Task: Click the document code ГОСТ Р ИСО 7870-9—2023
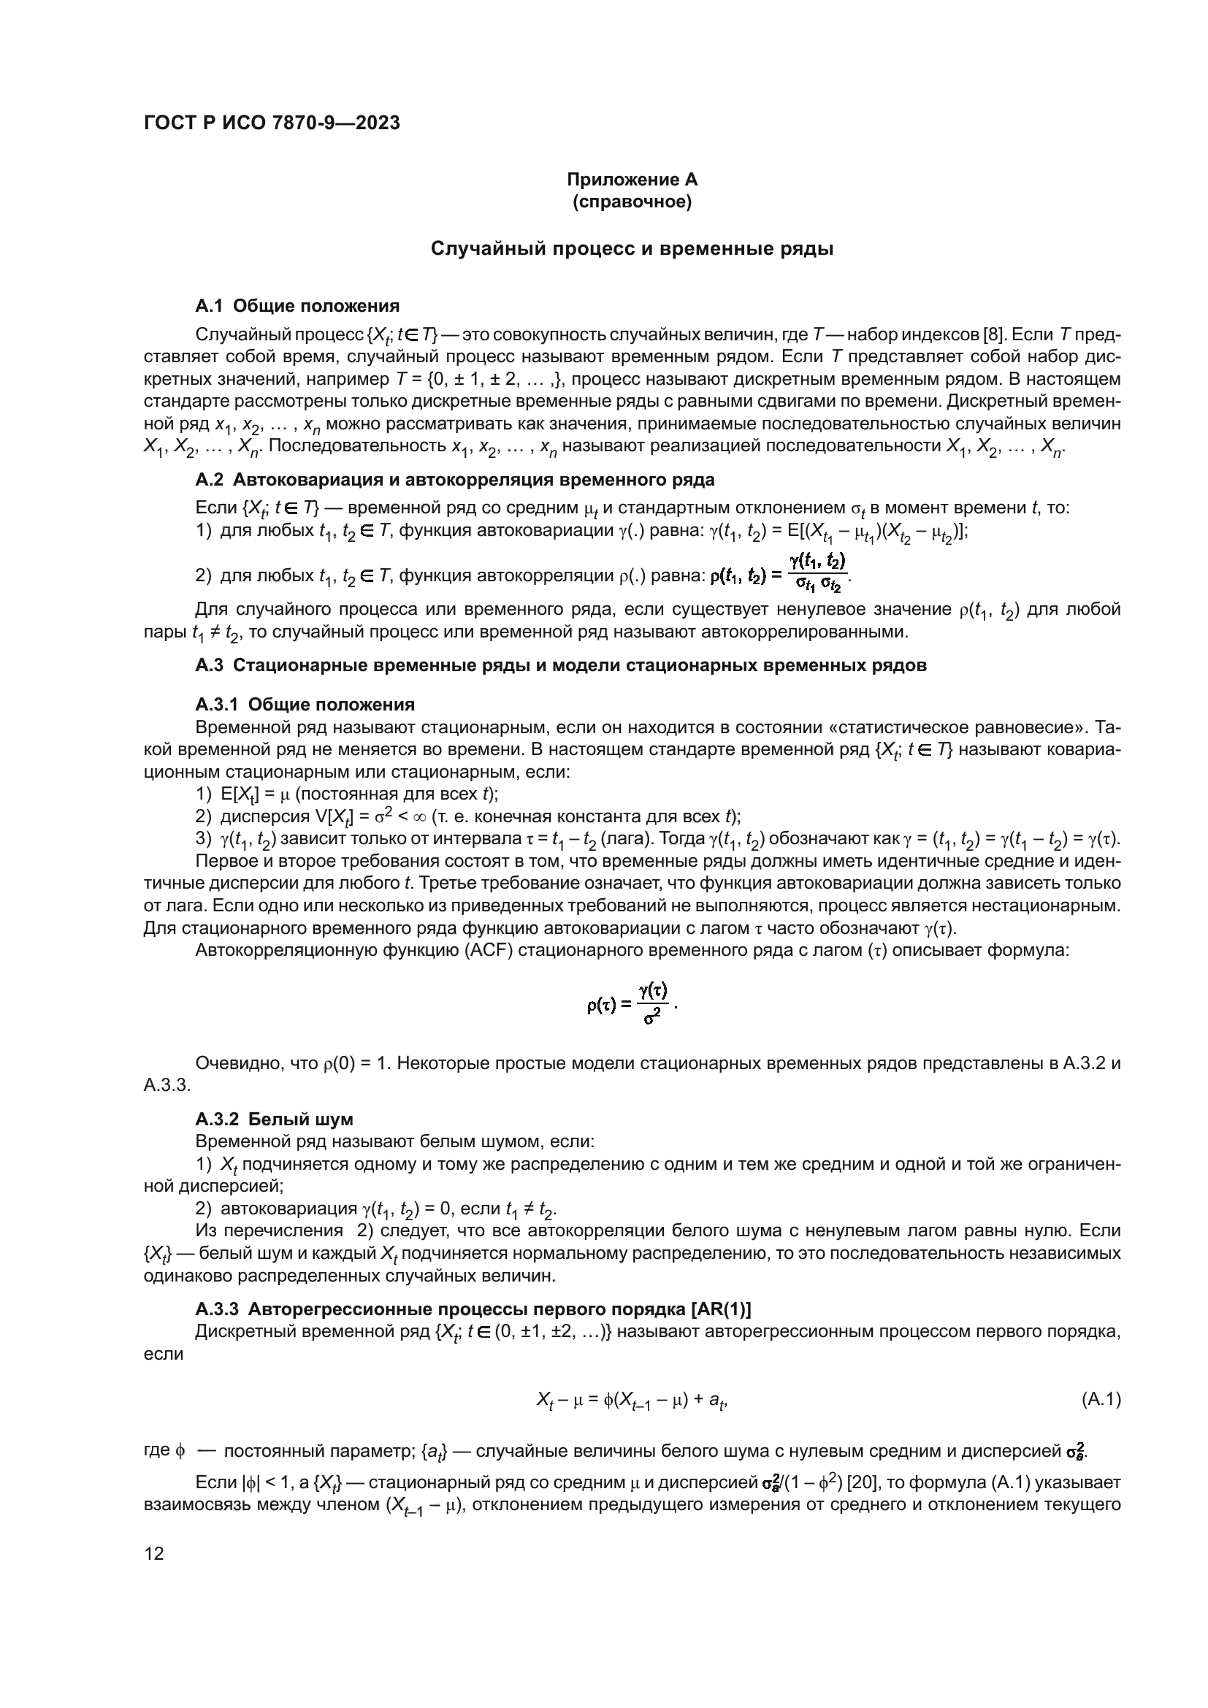[272, 123]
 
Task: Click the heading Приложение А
[632, 180]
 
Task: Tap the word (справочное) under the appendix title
[632, 202]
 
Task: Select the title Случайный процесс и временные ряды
[632, 249]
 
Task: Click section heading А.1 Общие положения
[297, 306]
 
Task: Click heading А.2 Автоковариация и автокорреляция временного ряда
[454, 479]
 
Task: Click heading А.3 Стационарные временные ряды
[561, 666]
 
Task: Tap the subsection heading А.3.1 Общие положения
[305, 705]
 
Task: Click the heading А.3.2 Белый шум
[274, 1119]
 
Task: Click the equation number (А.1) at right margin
[1100, 1400]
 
